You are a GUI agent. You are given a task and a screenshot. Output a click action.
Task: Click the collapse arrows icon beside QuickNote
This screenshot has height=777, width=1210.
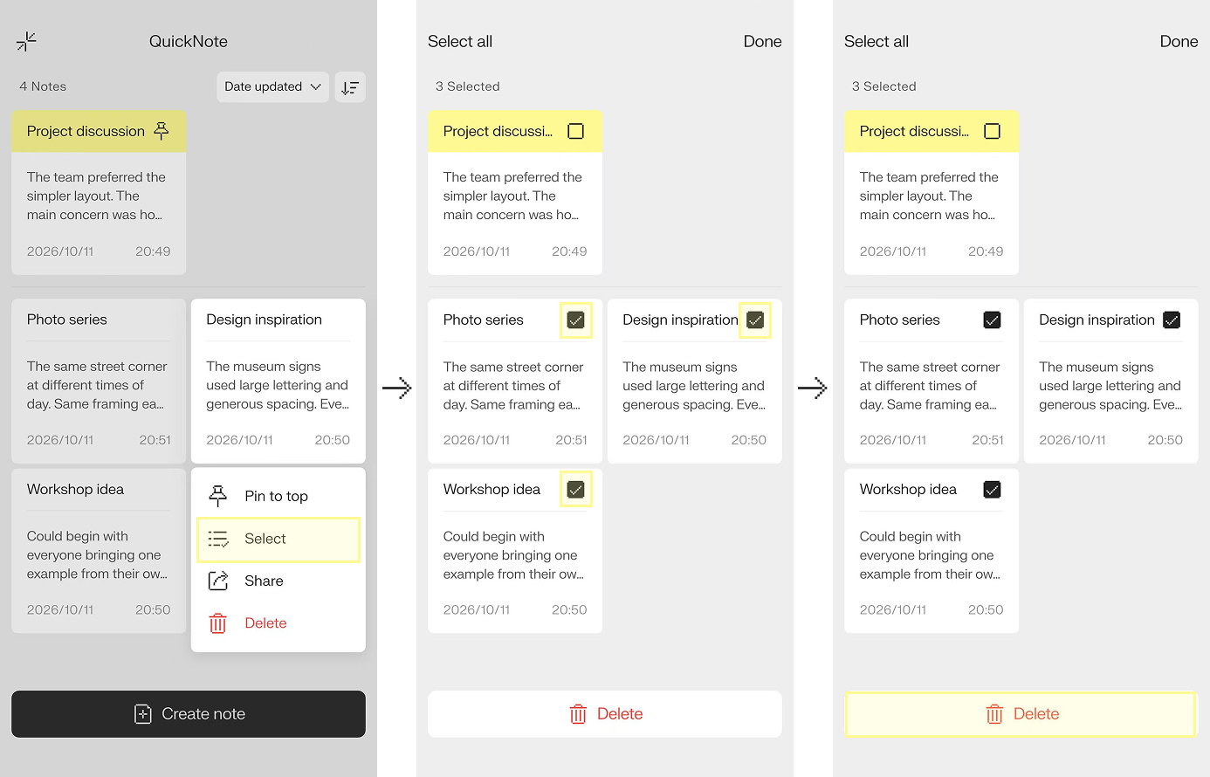pyautogui.click(x=26, y=42)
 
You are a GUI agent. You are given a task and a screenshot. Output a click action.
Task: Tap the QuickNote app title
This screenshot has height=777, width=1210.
pyautogui.click(x=188, y=42)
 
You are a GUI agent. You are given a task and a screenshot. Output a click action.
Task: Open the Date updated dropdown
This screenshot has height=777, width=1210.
pyautogui.click(x=272, y=87)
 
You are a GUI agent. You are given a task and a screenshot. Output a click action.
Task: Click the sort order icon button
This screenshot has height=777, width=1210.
pyautogui.click(x=350, y=87)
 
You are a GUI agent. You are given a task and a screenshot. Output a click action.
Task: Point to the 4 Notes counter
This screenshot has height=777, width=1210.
pyautogui.click(x=43, y=86)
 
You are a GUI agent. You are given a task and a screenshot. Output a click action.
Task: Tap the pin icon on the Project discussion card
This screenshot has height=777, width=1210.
pyautogui.click(x=161, y=131)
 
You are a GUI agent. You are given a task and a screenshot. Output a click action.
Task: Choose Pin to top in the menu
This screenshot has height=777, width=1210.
pyautogui.click(x=276, y=496)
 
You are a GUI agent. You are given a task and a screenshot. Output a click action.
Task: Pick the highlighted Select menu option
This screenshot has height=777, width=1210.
pyautogui.click(x=278, y=540)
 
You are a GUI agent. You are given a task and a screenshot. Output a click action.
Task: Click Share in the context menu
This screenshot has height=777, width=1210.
pyautogui.click(x=264, y=581)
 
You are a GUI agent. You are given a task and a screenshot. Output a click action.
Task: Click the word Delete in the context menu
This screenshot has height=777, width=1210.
pyautogui.click(x=265, y=623)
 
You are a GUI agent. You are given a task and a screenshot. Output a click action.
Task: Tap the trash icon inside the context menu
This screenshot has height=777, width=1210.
pyautogui.click(x=217, y=623)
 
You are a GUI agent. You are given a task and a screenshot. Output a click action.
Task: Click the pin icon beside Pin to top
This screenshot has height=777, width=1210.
pyautogui.click(x=217, y=496)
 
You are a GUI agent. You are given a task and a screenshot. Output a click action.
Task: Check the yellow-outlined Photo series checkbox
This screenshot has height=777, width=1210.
pyautogui.click(x=576, y=320)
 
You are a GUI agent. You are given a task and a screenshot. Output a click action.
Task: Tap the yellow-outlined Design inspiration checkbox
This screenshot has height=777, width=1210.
pyautogui.click(x=754, y=320)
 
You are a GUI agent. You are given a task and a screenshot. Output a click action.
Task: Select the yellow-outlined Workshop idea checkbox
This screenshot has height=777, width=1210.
pyautogui.click(x=576, y=489)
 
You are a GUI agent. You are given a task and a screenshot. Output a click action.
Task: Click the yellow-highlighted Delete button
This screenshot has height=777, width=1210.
pyautogui.click(x=1021, y=714)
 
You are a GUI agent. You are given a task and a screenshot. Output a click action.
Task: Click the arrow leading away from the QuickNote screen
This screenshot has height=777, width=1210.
pyautogui.click(x=397, y=388)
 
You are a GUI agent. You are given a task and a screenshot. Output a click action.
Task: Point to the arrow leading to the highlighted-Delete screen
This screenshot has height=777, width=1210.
pyautogui.click(x=813, y=388)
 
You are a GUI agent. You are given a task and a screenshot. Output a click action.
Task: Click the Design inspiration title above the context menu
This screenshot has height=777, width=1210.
pyautogui.click(x=264, y=320)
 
